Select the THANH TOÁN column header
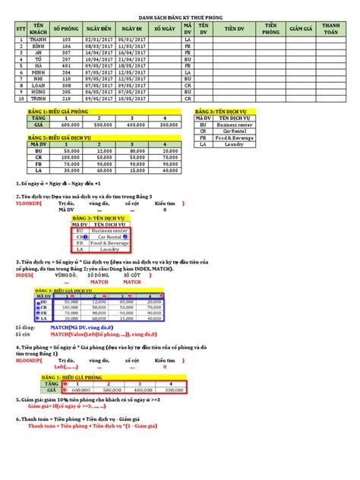tap(330, 30)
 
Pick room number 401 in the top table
tap(66, 65)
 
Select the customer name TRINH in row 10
tap(37, 98)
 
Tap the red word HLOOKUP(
tap(30, 361)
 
